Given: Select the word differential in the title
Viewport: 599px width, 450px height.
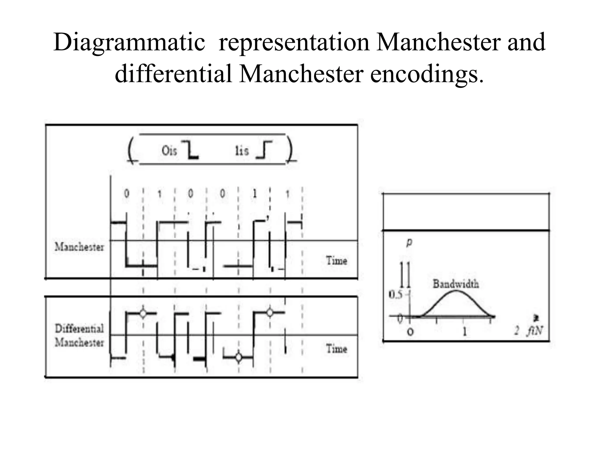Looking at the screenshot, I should coord(173,73).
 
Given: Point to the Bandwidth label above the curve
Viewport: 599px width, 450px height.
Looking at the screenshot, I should coord(456,284).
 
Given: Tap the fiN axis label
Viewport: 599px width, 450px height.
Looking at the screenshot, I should coord(535,331).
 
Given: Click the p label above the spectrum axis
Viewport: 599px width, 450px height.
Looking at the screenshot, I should coord(409,242).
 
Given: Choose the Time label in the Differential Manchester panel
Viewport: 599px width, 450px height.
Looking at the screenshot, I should coord(337,349).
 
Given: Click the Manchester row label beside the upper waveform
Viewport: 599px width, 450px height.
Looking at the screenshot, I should coord(79,247).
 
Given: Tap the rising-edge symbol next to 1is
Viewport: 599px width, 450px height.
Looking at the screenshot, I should coord(264,150).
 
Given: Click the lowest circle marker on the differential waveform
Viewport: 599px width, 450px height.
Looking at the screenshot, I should coord(239,357).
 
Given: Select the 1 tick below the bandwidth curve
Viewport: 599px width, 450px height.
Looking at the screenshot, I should coord(464,331).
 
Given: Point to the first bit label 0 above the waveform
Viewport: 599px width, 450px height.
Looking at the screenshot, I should coord(127,193).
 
